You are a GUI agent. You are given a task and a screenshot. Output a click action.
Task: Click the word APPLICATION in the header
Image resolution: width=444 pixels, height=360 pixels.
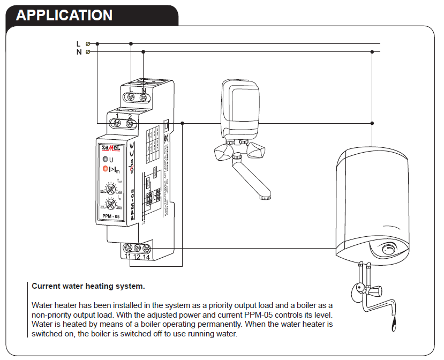click(64, 15)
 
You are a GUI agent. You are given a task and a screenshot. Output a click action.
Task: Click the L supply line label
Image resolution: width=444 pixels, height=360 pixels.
click(78, 43)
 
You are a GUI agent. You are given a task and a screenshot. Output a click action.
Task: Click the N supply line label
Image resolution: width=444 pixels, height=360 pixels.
click(78, 52)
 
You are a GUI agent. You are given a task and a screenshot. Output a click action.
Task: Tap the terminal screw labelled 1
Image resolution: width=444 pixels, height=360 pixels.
click(118, 124)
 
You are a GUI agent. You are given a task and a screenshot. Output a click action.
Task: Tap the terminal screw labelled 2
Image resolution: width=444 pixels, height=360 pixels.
click(130, 124)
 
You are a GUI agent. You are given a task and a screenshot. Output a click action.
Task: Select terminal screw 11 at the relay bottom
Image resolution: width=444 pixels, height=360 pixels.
click(127, 248)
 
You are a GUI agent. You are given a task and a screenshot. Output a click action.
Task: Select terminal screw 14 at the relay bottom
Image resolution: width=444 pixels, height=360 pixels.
click(146, 248)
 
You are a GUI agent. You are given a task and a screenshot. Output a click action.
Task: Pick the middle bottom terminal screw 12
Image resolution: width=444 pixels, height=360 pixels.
click(137, 248)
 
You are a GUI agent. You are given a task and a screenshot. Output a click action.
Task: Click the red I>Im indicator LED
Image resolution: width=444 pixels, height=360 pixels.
click(106, 169)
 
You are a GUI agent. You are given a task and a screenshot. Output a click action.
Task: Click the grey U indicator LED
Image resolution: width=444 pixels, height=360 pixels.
click(106, 160)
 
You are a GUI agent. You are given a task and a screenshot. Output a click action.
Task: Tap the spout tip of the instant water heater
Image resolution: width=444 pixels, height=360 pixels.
click(264, 198)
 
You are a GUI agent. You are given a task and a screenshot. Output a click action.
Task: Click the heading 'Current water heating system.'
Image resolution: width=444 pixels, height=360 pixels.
click(88, 286)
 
